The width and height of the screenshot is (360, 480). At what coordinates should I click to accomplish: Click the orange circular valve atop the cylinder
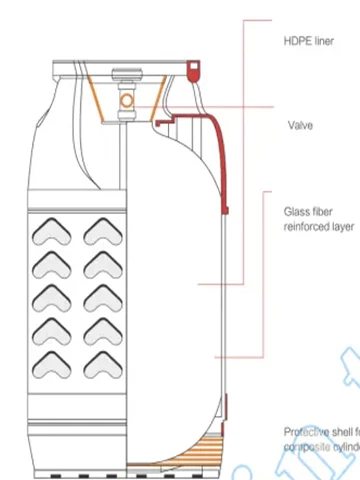tap(128, 103)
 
